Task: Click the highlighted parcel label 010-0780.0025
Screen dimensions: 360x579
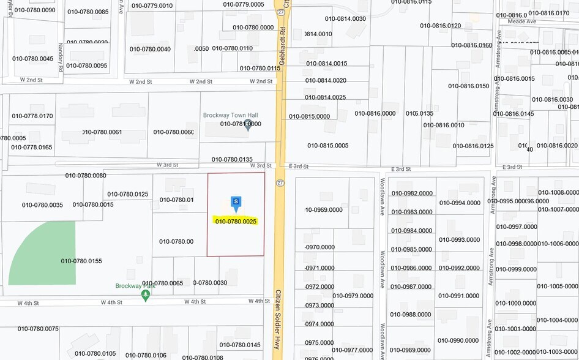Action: [236, 221]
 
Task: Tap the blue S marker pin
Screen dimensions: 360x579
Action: [236, 203]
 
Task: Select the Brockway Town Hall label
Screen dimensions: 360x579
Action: [231, 115]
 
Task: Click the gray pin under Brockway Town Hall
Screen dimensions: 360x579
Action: [248, 127]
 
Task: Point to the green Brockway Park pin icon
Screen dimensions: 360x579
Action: [145, 296]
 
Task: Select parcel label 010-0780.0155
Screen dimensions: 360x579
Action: [81, 261]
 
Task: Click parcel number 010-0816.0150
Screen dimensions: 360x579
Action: [469, 86]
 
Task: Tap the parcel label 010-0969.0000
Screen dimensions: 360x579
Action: [324, 210]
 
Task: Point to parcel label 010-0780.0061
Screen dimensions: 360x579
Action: [102, 132]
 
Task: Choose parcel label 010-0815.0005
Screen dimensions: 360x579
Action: [327, 146]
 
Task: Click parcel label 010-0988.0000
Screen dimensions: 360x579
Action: [411, 315]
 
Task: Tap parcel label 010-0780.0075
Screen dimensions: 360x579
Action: [38, 329]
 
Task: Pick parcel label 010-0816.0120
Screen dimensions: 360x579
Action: [440, 26]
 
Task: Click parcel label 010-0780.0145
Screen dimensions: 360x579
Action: [240, 345]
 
